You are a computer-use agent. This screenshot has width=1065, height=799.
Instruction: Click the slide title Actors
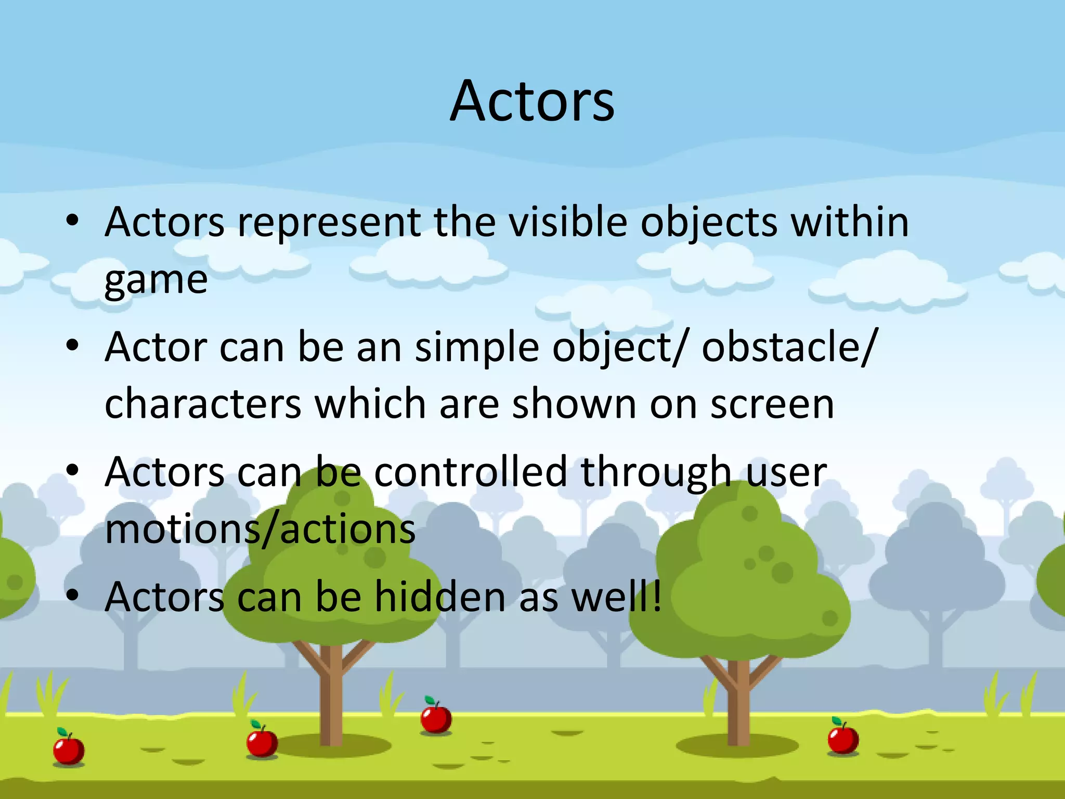[x=532, y=101]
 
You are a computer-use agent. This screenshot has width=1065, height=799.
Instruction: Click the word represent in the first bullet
[x=329, y=223]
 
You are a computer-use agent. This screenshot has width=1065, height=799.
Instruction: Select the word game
[x=155, y=281]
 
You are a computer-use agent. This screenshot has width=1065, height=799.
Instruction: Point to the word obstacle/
[x=789, y=347]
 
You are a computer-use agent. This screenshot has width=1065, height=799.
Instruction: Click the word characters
[x=203, y=404]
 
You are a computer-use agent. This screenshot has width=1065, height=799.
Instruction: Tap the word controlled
[x=470, y=472]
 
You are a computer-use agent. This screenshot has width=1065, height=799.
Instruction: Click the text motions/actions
[x=260, y=530]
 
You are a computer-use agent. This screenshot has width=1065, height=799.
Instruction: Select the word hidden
[x=440, y=597]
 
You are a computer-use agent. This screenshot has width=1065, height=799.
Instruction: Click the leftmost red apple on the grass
[x=69, y=749]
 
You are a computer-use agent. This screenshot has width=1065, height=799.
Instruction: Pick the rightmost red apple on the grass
[x=842, y=738]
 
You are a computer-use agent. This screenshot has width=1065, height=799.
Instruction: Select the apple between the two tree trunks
[x=436, y=718]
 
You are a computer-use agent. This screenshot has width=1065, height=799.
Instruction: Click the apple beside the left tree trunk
[x=262, y=741]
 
